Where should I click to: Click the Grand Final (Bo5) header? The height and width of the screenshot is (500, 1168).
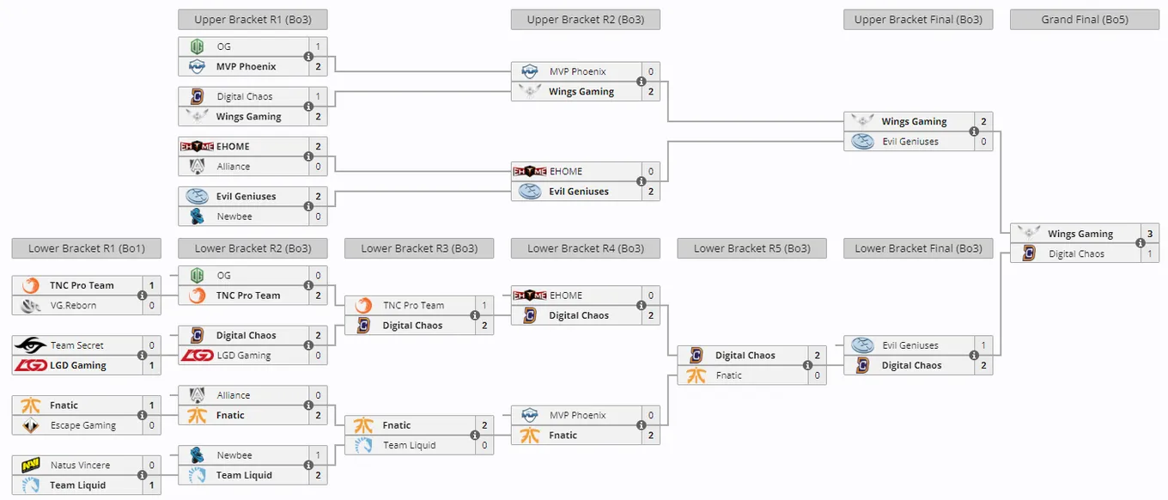tap(1085, 20)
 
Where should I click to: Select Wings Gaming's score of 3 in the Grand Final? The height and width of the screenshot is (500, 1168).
tap(1150, 234)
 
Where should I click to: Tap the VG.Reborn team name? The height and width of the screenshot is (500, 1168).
tap(73, 306)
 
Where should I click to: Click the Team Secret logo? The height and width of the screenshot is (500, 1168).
tap(31, 345)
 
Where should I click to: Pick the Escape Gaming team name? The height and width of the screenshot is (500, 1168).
tap(83, 425)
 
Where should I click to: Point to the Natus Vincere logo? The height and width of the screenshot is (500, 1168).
tap(31, 465)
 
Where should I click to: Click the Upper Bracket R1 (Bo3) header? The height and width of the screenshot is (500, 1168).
tap(252, 20)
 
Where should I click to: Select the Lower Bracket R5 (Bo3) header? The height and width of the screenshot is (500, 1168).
tap(752, 248)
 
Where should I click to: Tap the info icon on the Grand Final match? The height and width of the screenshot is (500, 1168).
tap(1141, 243)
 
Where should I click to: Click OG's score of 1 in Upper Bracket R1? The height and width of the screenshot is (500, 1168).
tap(318, 46)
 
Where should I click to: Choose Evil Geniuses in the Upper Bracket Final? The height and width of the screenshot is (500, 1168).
tap(909, 141)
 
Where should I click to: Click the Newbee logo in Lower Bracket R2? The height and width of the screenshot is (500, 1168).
tap(197, 455)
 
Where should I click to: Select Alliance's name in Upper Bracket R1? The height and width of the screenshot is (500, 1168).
tap(233, 167)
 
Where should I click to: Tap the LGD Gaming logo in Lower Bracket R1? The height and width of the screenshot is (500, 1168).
tap(31, 365)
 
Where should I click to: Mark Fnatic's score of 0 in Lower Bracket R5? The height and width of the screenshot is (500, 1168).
tap(817, 375)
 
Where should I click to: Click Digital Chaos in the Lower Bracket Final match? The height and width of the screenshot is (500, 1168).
tap(911, 365)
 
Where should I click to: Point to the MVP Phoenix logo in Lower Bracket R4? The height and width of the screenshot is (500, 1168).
tap(530, 415)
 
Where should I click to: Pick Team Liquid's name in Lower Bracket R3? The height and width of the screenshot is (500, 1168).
tap(410, 445)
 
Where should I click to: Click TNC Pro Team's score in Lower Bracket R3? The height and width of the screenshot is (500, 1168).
tap(484, 305)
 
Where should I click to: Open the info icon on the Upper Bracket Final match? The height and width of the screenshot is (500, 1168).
tap(974, 131)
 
